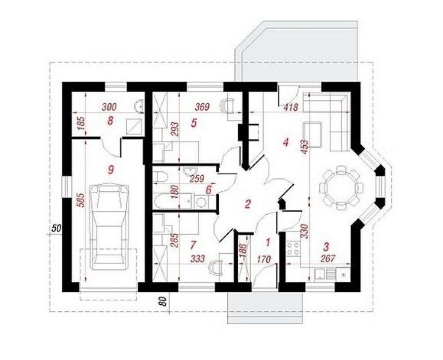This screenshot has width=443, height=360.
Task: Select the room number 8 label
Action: pos(110,121)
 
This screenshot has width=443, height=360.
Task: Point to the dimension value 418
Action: pos(291,108)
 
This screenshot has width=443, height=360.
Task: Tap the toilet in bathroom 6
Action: pos(161,177)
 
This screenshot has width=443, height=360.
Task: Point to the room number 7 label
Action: pos(193,245)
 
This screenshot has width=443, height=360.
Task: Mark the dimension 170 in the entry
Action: pos(264,259)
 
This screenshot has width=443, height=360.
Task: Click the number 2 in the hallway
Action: pos(248,204)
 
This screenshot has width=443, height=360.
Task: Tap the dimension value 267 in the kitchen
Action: pos(328,259)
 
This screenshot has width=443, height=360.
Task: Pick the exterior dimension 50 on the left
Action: pos(57,228)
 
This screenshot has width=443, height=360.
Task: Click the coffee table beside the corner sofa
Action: pos(312,135)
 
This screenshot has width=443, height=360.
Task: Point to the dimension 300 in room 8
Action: pos(109,107)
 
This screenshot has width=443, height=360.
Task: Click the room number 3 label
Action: pos(326,247)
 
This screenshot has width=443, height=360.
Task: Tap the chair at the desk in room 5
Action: pos(229,106)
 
